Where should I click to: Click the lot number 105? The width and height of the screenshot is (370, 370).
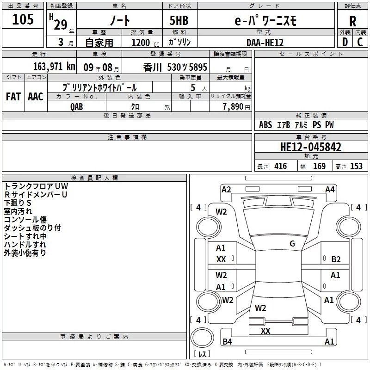(x=23, y=19)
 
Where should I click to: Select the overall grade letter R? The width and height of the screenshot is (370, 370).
(x=352, y=20)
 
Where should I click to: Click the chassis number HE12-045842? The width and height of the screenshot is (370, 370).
(x=311, y=147)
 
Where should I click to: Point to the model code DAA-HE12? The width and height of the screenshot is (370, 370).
(x=265, y=42)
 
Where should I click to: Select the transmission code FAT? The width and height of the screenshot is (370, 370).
(x=13, y=97)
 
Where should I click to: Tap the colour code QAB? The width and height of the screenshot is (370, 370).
(x=77, y=106)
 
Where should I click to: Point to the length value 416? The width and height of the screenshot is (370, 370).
(x=280, y=166)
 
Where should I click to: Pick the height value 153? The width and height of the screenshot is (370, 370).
(x=356, y=166)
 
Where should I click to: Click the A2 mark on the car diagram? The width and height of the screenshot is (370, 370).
(x=226, y=189)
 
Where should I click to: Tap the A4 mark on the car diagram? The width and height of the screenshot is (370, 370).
(x=330, y=189)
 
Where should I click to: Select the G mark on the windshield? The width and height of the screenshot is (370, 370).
(x=292, y=244)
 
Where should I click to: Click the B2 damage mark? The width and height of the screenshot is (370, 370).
(x=336, y=259)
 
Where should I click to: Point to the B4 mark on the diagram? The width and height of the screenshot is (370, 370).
(x=228, y=342)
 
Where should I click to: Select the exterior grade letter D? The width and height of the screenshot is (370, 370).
(x=345, y=42)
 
